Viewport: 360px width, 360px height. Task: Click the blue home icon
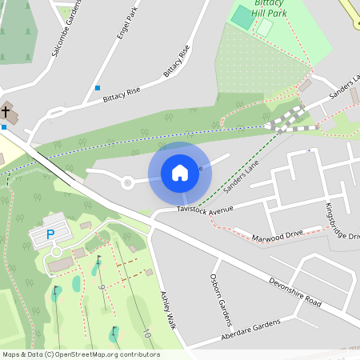[x=180, y=172]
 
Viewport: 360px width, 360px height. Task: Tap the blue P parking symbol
[x=50, y=234]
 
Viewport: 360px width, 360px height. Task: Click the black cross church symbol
[x=6, y=110]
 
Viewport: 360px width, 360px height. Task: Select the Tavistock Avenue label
[x=205, y=210]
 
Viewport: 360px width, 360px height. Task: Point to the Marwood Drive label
[x=278, y=235]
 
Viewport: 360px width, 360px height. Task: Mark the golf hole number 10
[x=147, y=332]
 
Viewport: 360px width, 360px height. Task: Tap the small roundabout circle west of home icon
[x=127, y=182]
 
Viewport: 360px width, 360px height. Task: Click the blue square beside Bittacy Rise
[x=98, y=87]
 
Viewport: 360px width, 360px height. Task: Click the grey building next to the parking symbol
[x=60, y=264]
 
